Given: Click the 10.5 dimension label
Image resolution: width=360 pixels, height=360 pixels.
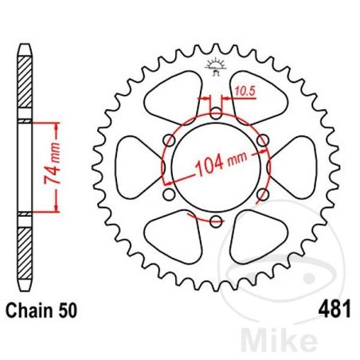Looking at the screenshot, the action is (x=245, y=91).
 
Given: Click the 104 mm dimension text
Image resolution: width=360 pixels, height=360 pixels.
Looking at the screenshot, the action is (x=221, y=162).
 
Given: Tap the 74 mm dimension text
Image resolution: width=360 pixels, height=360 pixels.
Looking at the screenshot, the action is (x=53, y=163).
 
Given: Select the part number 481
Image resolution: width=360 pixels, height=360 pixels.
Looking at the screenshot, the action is (x=335, y=309).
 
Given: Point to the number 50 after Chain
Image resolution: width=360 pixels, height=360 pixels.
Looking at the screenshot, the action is (x=68, y=311).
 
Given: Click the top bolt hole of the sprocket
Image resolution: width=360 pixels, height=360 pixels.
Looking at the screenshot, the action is (x=216, y=114).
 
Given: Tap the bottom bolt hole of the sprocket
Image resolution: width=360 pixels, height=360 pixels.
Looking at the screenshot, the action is (x=216, y=221).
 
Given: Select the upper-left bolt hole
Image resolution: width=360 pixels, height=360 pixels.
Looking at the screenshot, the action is (x=169, y=140).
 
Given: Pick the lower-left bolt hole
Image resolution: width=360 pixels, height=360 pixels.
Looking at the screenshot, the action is (x=169, y=194).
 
